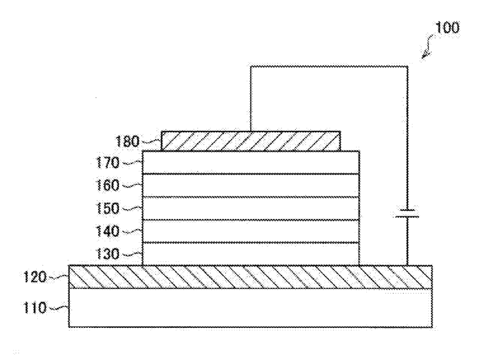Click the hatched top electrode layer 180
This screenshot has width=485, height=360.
point(251,141)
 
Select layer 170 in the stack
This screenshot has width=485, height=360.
point(251,162)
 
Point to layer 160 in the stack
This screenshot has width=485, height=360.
point(251,185)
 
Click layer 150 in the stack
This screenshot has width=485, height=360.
point(251,208)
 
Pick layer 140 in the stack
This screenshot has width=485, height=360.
point(251,231)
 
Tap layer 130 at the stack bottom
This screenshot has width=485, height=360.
point(251,254)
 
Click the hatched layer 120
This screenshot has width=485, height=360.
point(251,277)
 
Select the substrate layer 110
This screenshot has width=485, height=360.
point(251,308)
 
